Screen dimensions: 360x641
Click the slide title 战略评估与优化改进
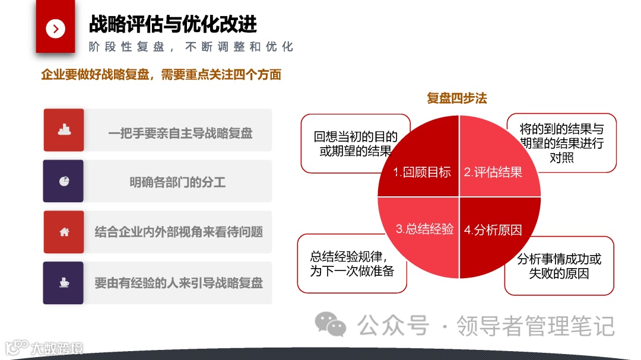pyautogui.click(x=173, y=24)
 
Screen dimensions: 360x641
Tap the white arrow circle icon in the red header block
pyautogui.click(x=55, y=28)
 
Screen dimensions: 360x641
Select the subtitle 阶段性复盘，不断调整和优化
pyautogui.click(x=191, y=47)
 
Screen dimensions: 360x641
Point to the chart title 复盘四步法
pyautogui.click(x=456, y=98)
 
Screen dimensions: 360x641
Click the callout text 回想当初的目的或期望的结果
pyautogui.click(x=356, y=144)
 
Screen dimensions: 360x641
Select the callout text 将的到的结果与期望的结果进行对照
pyautogui.click(x=561, y=143)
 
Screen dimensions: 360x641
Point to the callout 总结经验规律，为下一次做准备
pyautogui.click(x=352, y=263)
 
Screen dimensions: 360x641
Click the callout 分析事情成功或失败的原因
pyautogui.click(x=559, y=266)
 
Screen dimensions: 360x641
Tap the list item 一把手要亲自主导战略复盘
pyautogui.click(x=180, y=133)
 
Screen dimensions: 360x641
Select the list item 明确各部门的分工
pyautogui.click(x=177, y=182)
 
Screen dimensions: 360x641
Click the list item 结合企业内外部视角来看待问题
pyautogui.click(x=179, y=232)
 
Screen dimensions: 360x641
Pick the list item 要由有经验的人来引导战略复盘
pyautogui.click(x=179, y=283)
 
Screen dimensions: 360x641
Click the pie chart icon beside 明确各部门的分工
pyautogui.click(x=64, y=181)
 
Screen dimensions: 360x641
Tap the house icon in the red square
pyautogui.click(x=64, y=232)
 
